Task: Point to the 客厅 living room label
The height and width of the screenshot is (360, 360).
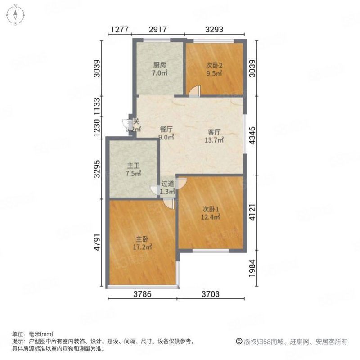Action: pos(214,132)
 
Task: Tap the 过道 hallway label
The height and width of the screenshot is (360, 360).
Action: pos(168,184)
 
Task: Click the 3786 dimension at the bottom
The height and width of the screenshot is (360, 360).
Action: pos(142,295)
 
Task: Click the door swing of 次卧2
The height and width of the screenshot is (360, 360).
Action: pos(193,91)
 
